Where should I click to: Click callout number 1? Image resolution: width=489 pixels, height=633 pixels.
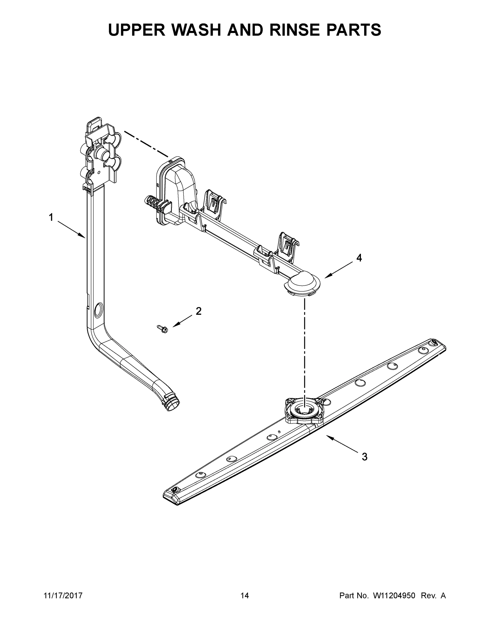(51, 217)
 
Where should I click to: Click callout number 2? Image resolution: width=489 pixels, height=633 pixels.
(198, 311)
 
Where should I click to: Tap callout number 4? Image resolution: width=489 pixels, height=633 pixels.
(359, 258)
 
